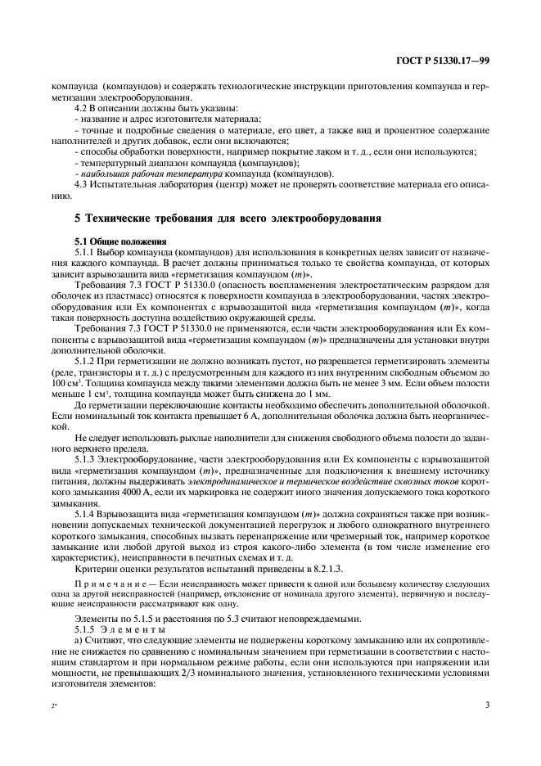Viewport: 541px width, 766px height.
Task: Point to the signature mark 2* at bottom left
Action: [x=54, y=705]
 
